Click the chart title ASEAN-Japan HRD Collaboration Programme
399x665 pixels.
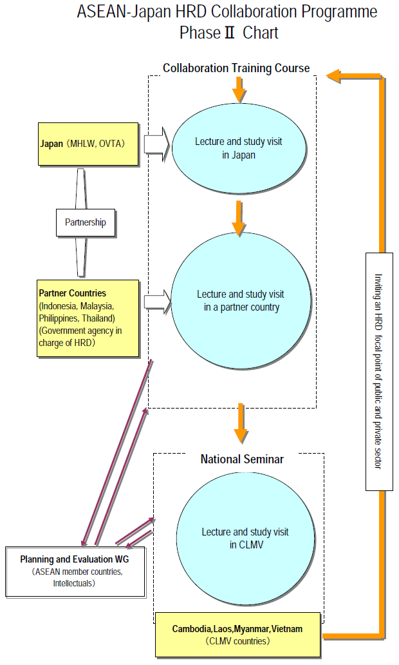(x=227, y=12)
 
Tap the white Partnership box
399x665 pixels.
(x=86, y=222)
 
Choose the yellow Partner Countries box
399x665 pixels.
(x=88, y=318)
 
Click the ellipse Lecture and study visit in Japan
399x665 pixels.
(x=238, y=148)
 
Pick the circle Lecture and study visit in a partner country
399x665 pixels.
(x=238, y=301)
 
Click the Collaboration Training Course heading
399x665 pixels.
(x=236, y=68)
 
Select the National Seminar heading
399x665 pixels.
(x=242, y=459)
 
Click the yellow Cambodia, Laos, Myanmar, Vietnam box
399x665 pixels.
(x=237, y=635)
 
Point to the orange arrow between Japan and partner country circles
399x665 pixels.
(x=239, y=218)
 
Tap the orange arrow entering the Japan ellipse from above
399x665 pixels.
(x=239, y=90)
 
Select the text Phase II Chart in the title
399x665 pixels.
(x=229, y=33)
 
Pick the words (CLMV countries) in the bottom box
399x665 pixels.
(x=237, y=642)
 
